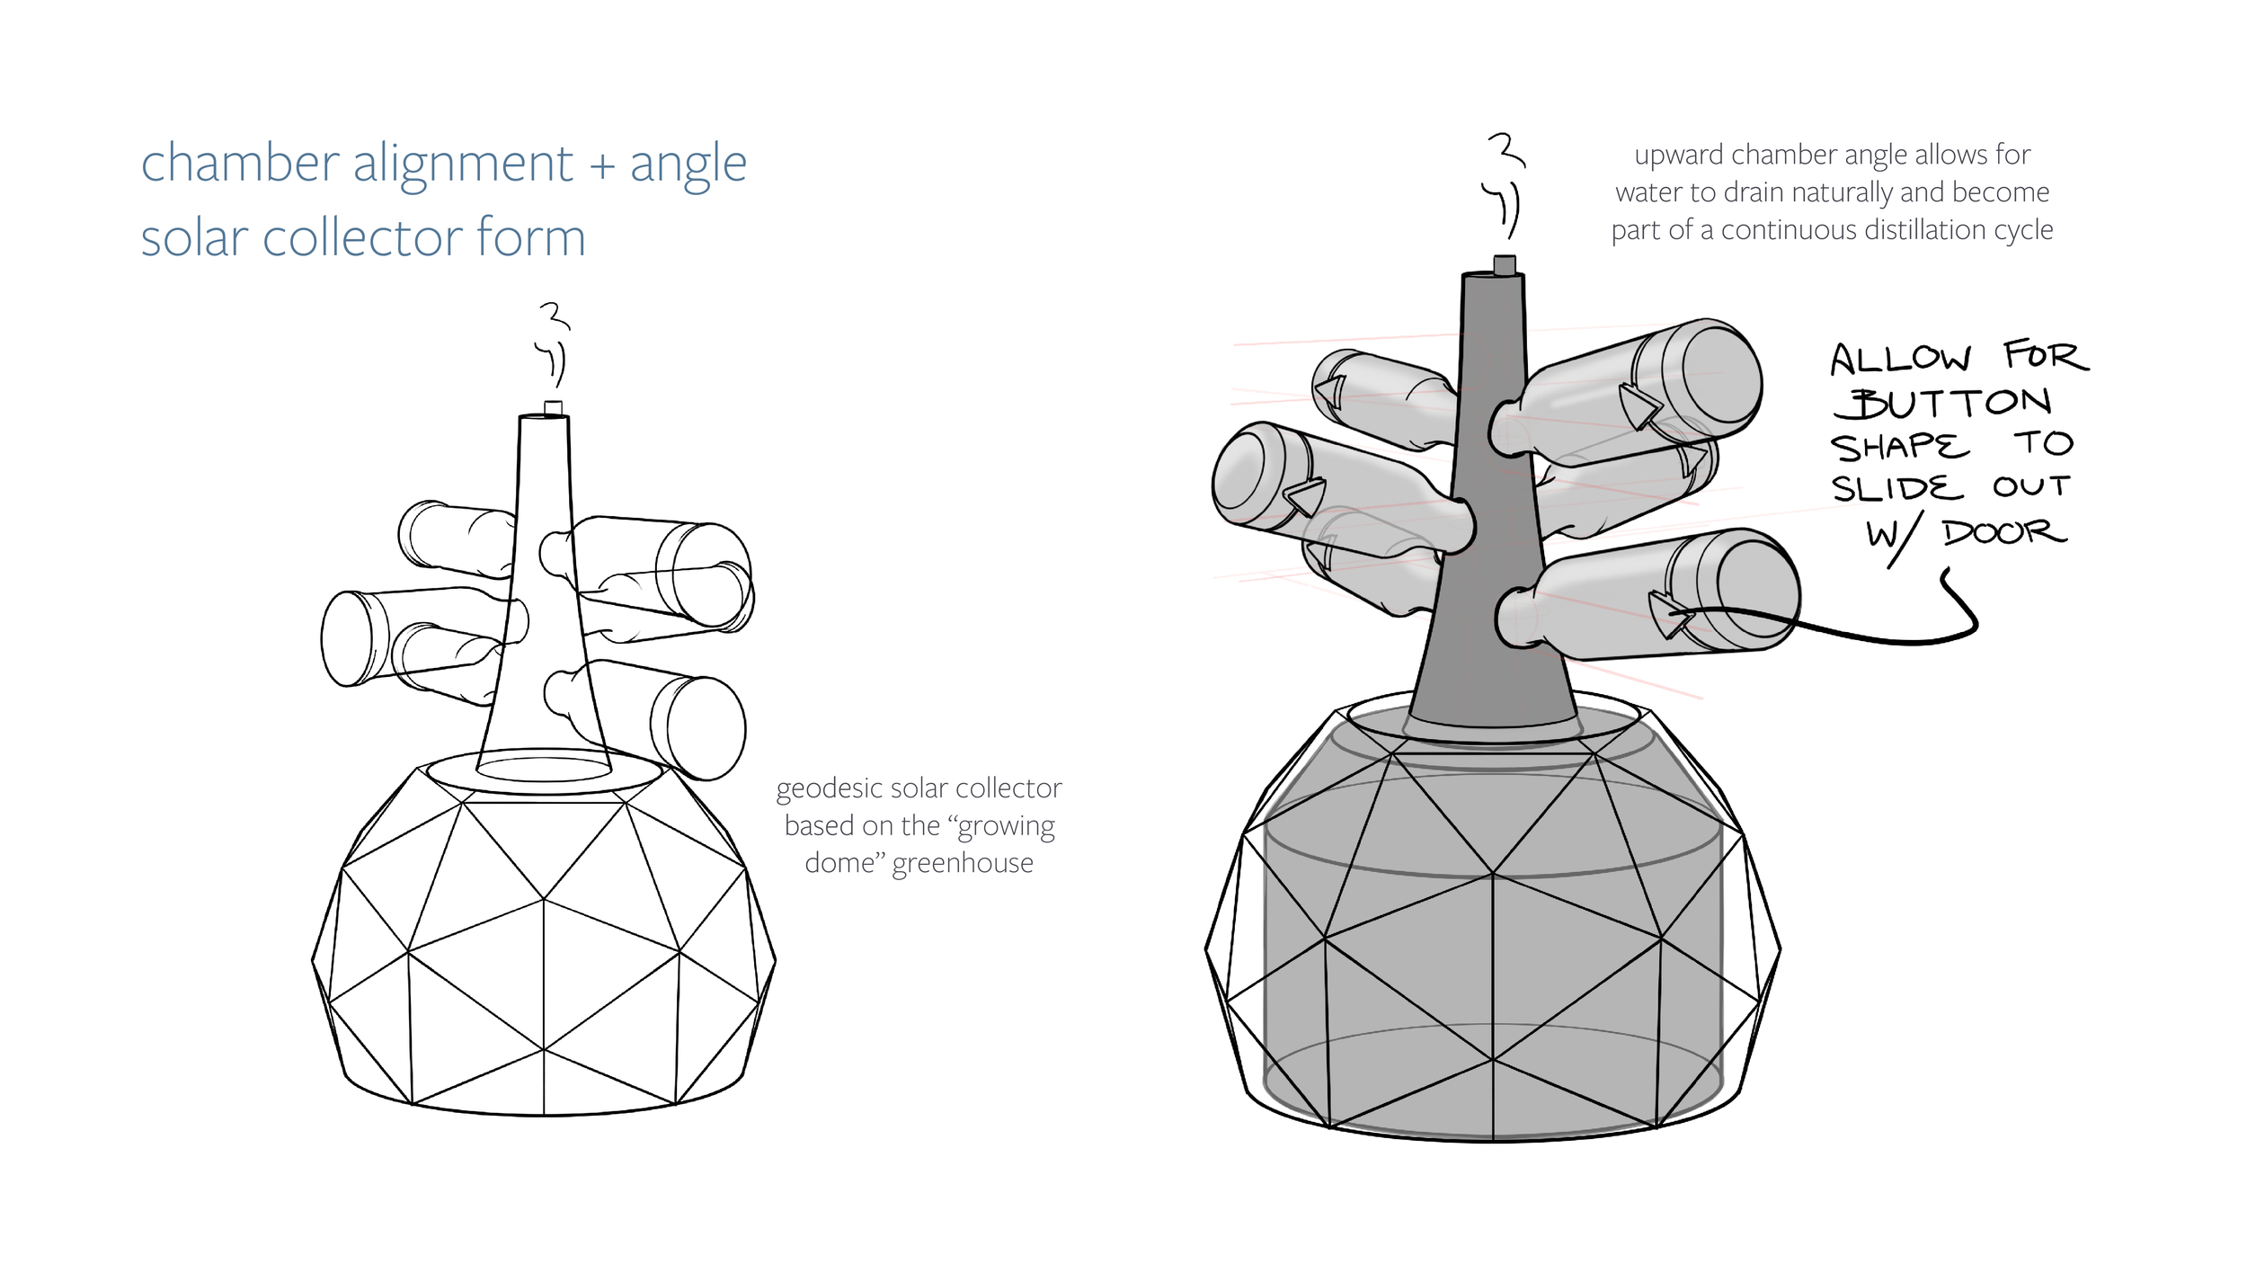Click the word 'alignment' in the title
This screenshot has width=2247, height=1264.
click(463, 165)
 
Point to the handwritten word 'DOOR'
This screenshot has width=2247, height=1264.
click(2005, 533)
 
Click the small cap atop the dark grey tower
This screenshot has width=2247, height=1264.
click(1505, 264)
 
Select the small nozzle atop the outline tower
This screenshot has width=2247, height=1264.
click(554, 407)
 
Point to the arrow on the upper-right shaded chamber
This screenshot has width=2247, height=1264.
click(1639, 406)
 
